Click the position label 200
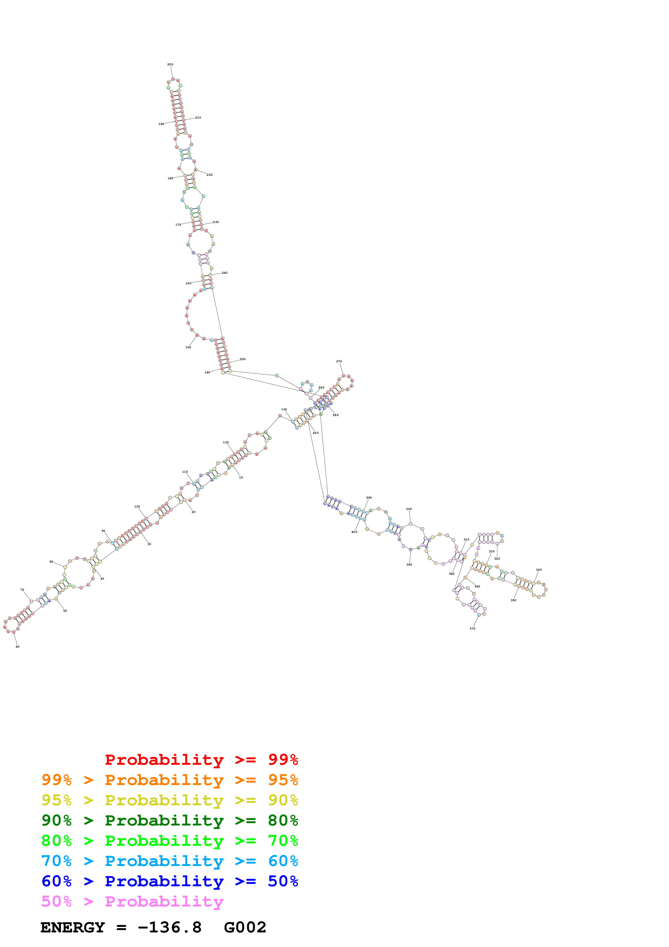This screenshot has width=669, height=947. click(170, 64)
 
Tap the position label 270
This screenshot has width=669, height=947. click(339, 361)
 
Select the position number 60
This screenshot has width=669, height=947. click(17, 647)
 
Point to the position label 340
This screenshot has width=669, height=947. click(539, 570)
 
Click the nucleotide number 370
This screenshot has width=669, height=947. click(472, 628)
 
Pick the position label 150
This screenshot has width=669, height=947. click(188, 347)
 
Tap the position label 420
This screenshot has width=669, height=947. click(316, 433)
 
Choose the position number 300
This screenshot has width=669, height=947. click(409, 509)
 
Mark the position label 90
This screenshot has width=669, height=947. click(103, 531)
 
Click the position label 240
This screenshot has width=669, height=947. click(225, 273)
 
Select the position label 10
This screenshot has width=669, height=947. click(241, 477)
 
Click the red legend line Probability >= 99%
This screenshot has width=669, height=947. click(201, 760)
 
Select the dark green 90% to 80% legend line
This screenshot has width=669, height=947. click(169, 820)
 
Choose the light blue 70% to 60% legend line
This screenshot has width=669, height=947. click(169, 861)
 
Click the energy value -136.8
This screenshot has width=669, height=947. click(169, 928)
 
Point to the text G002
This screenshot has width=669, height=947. click(245, 928)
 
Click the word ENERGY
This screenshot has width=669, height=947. click(73, 928)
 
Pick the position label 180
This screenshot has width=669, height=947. click(170, 178)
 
